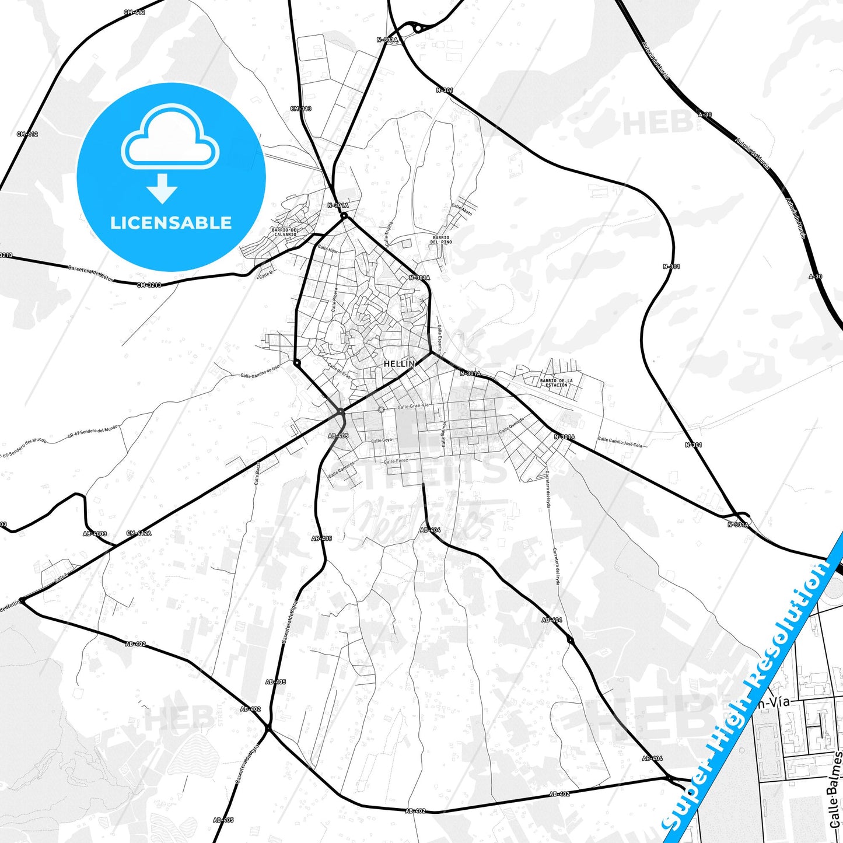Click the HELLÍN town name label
399,363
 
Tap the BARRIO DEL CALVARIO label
285,232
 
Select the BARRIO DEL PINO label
441,240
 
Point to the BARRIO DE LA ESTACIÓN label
556,383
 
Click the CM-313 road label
300,109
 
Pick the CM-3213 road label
149,285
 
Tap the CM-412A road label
138,533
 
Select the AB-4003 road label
95,533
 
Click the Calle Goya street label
382,440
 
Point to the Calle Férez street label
396,461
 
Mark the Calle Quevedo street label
512,425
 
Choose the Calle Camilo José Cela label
620,442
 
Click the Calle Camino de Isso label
260,371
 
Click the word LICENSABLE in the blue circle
171,223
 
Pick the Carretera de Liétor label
90,272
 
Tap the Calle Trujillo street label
389,233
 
